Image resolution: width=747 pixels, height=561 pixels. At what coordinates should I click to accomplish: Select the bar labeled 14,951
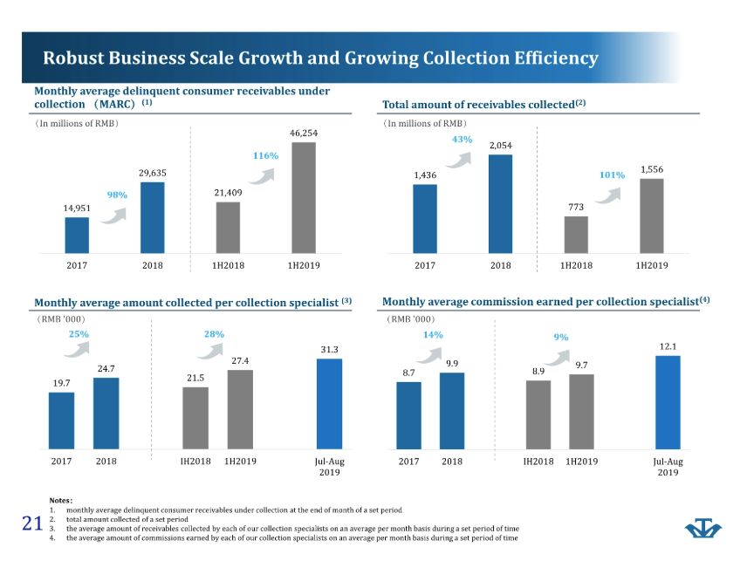coord(77,235)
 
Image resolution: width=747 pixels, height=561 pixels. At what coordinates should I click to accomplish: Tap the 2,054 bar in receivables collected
coord(500,203)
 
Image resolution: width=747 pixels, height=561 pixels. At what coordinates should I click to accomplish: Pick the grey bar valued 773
coord(576,234)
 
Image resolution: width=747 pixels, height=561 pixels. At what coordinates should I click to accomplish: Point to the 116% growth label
coord(265,155)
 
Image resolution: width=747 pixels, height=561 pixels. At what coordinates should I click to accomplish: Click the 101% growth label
coord(613,174)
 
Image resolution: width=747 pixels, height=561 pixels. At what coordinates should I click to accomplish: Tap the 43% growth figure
coord(463,139)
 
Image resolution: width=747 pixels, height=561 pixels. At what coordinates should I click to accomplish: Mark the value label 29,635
coord(152,174)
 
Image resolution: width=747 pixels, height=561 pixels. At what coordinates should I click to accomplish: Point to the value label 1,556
coord(652,170)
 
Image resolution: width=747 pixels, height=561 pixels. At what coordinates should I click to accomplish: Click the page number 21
coord(32,523)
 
